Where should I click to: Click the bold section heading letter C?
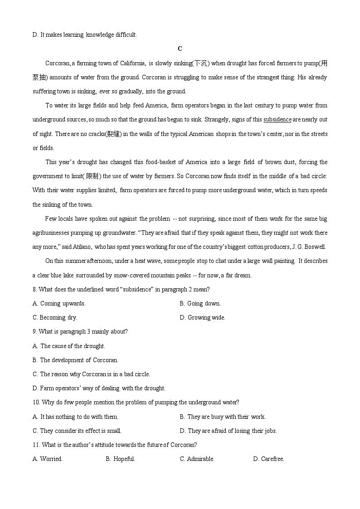tap(180, 49)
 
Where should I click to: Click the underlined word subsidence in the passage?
tap(277, 120)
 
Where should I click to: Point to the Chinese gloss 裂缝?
tap(113, 134)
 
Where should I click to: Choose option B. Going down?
tap(200, 304)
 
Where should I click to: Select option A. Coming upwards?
tap(59, 304)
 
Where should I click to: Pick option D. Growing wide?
tap(202, 318)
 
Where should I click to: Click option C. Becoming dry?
tap(55, 318)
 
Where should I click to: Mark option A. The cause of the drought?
tap(69, 346)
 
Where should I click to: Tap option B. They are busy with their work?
tap(223, 417)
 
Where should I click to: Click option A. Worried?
tap(48, 459)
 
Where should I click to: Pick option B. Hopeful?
tap(121, 459)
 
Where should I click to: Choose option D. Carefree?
tap(268, 459)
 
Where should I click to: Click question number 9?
tap(35, 332)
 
